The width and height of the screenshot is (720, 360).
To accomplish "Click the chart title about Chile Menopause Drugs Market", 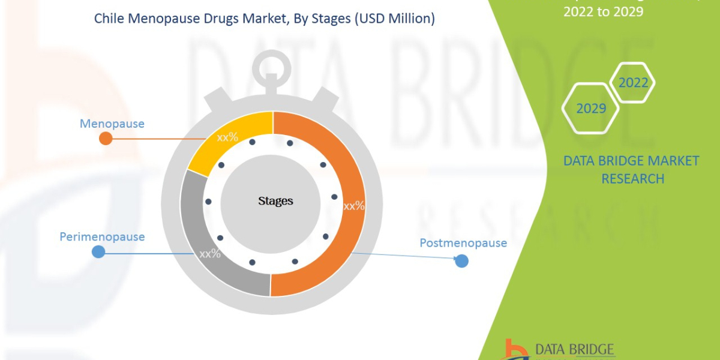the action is [265, 19].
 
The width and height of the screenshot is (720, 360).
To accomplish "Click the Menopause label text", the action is [112, 124].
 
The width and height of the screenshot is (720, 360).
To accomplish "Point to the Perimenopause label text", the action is [102, 236].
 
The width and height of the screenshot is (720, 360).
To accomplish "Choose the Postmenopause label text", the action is [463, 243].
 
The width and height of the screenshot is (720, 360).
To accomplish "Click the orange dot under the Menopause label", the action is [106, 139].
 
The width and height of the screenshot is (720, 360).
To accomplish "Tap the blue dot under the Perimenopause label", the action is [98, 252].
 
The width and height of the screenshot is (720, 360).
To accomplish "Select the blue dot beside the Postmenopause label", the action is [461, 261].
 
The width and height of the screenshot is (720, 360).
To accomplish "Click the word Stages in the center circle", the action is [275, 201].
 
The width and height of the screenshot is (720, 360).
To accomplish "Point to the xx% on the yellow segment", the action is [227, 137].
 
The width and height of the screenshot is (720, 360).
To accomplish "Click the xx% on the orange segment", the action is [354, 206].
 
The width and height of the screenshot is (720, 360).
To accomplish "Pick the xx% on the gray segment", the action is [210, 254].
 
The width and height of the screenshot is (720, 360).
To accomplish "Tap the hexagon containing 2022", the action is [633, 83].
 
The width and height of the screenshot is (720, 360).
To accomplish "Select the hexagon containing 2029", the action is [591, 109].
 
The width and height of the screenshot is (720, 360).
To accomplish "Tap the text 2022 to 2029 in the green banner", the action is [602, 11].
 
